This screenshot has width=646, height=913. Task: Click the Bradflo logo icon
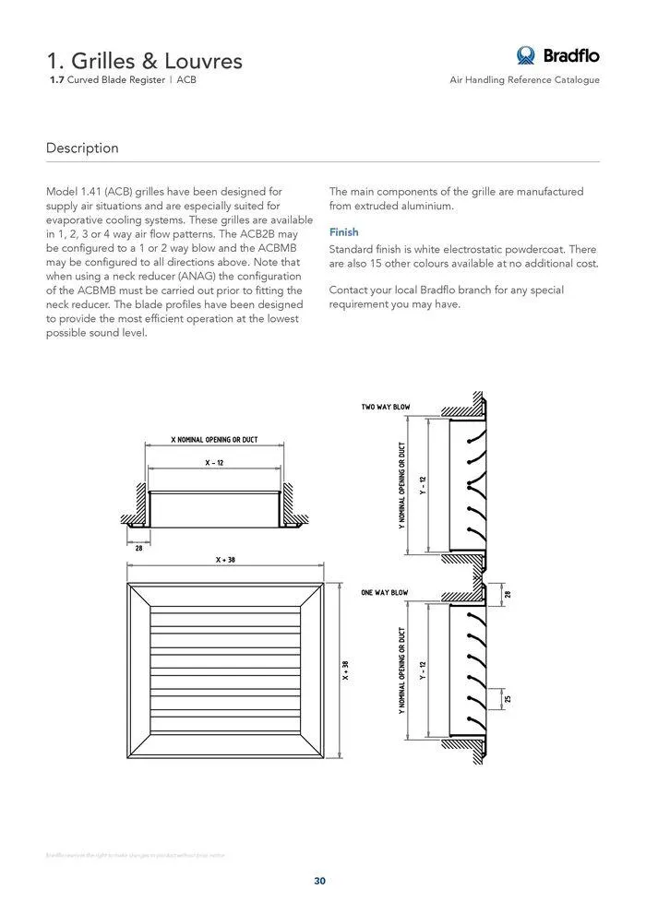526,55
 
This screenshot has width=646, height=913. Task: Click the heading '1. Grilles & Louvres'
145,61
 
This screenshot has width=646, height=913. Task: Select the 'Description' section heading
82,148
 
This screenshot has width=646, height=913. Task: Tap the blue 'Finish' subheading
344,232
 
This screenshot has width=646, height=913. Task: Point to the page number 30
319,881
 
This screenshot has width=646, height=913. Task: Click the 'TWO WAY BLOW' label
386,407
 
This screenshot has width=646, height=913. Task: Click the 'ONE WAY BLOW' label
385,593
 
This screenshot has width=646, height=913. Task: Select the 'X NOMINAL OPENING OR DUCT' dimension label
214,439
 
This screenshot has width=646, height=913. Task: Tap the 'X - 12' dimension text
214,463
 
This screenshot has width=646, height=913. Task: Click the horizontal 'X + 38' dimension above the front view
225,560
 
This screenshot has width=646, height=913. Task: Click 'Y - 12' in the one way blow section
423,670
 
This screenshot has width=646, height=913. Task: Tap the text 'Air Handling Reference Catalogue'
524,80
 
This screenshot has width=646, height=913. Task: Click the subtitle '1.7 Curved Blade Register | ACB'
123,80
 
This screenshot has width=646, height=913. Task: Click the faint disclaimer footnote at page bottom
135,855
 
